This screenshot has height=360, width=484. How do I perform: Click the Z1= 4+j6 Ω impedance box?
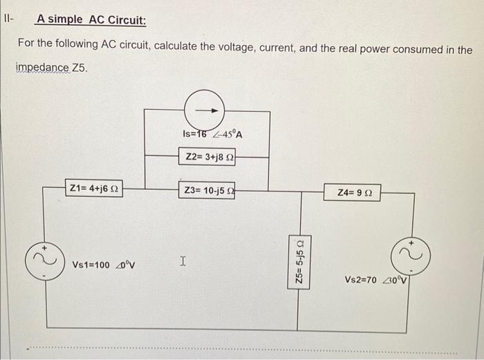tap(94, 187)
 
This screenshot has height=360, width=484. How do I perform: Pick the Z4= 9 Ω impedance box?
tap(356, 190)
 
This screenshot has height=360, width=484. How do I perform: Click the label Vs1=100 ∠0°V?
tap(104, 265)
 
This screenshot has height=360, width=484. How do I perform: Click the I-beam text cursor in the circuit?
tap(182, 261)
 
